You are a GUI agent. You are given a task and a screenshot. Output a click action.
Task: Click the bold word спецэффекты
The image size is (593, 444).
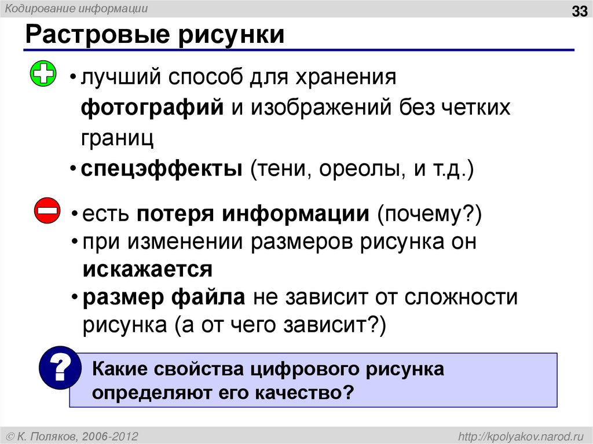tap(162, 170)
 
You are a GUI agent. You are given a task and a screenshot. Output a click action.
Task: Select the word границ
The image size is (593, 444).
tap(117, 138)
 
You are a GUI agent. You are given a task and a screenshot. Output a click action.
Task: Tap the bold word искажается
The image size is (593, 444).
tap(147, 269)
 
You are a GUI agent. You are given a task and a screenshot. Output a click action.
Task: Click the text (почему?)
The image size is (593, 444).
tap(429, 215)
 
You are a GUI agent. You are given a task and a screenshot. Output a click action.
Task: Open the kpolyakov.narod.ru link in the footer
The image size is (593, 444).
tap(522, 435)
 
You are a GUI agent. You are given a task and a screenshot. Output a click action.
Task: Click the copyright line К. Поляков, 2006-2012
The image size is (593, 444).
tap(73, 435)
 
